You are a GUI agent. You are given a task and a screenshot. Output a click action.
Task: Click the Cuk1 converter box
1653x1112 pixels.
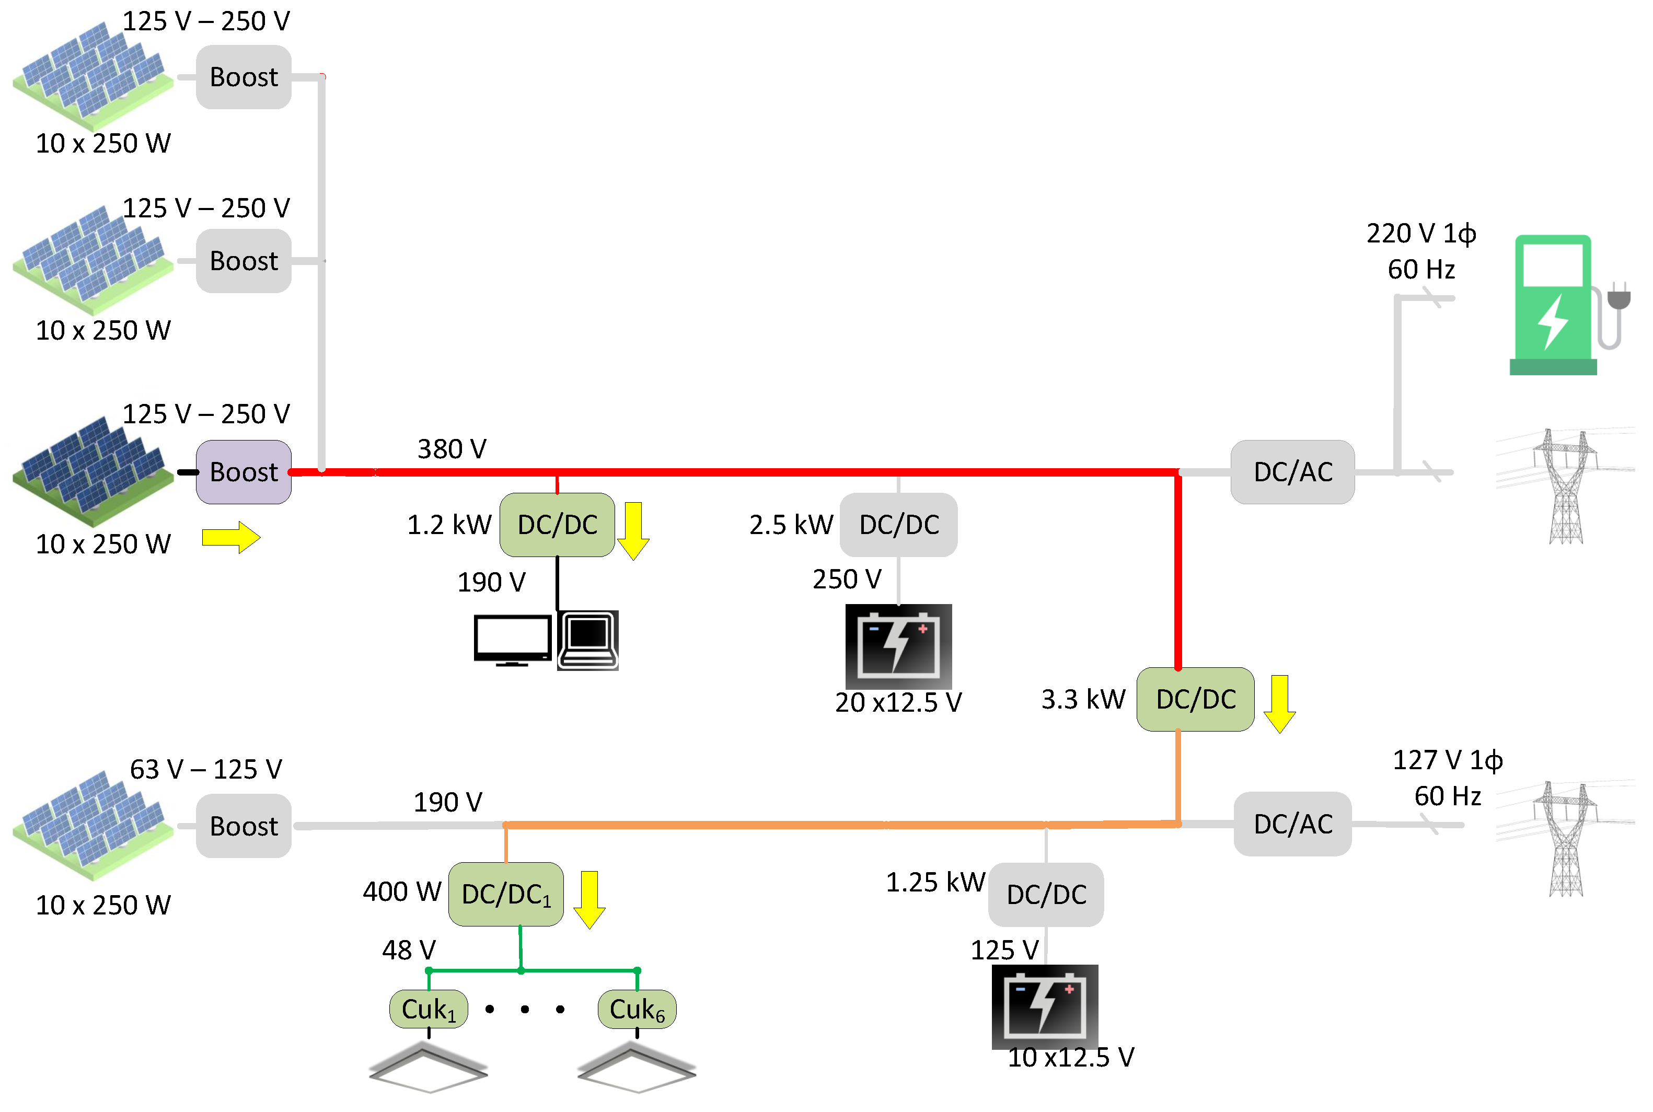429,1009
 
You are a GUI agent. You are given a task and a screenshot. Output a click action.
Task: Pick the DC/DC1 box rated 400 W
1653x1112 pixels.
505,894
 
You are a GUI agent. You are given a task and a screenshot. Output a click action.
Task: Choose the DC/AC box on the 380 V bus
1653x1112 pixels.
1292,471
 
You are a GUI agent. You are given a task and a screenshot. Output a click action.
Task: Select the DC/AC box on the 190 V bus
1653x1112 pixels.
1292,824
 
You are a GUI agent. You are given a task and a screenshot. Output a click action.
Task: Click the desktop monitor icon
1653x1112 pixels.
512,641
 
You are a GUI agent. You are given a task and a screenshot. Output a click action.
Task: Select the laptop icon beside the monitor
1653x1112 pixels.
588,641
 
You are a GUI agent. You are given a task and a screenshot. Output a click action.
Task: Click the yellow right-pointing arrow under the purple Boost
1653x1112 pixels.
231,538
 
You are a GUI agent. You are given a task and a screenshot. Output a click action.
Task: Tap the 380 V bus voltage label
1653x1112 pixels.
452,449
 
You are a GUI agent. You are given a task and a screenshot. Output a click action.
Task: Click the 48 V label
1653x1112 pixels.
409,949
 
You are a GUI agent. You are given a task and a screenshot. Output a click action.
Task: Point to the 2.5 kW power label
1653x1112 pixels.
791,525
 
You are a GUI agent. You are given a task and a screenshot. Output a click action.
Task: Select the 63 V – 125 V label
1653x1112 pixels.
206,769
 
